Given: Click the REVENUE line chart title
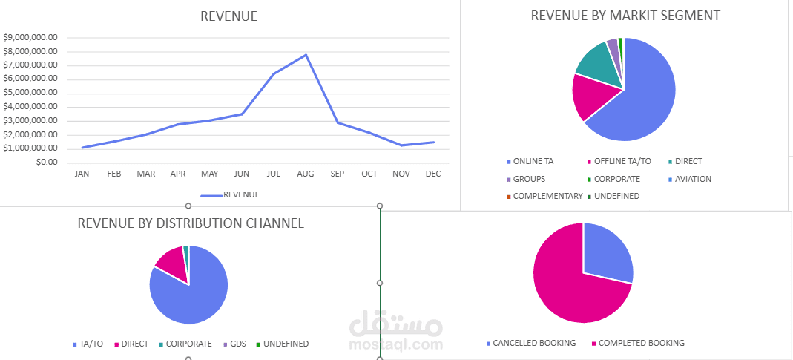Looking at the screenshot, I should pos(228,16).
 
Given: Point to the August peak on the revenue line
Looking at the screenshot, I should pos(306,55).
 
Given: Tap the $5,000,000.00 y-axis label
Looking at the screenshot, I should pos(31,93).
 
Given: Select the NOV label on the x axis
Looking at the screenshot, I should pos(401,174).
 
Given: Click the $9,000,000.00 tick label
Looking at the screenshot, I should pos(31,37).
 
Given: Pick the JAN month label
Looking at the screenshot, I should pos(82,174).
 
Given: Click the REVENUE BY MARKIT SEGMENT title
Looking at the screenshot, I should pos(625,16).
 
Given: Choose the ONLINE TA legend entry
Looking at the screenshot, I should pos(533,161).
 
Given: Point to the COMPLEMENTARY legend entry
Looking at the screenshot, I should pos(547,196).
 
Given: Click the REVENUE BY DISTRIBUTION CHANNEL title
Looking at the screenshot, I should pos(191,223).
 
